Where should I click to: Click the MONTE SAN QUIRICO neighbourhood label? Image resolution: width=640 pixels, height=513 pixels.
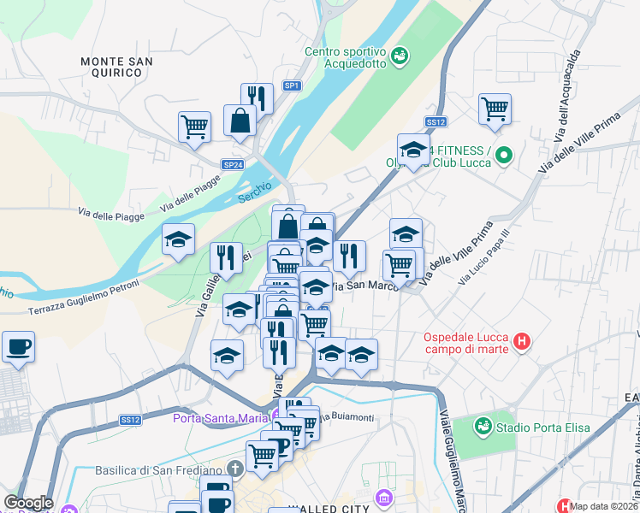116,67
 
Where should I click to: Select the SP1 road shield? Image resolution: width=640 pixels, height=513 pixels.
293,85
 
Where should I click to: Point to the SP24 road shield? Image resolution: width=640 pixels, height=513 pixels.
233,164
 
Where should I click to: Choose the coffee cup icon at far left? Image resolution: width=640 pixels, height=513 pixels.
17,346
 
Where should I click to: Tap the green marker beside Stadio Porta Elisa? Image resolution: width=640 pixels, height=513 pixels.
483,425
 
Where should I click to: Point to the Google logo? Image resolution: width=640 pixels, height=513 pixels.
28,503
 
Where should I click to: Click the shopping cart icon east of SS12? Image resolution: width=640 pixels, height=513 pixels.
495,109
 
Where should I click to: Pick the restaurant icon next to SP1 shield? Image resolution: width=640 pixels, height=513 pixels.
257,97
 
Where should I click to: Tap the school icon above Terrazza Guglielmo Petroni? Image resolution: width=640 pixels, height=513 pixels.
178,239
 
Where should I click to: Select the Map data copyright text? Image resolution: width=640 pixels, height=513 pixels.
604,506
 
